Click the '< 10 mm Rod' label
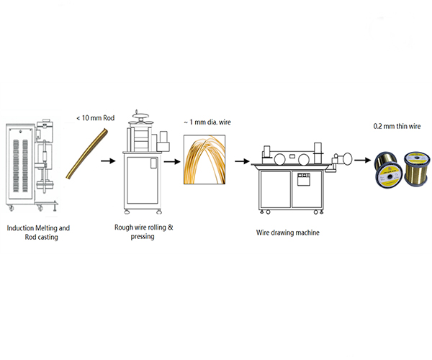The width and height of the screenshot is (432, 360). [95, 118]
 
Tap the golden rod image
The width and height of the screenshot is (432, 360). [87, 154]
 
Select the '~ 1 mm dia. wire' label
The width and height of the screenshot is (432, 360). [207, 122]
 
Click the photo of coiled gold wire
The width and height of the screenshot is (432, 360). [204, 159]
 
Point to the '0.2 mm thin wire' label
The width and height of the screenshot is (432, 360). [397, 126]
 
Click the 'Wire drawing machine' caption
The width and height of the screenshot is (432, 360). [287, 233]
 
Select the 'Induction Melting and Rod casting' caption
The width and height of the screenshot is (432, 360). [38, 233]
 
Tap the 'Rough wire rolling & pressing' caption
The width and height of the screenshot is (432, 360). [143, 232]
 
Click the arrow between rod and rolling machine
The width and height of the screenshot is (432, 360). [108, 161]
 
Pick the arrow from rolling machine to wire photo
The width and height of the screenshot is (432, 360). [172, 161]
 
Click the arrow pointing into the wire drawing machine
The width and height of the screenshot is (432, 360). [242, 161]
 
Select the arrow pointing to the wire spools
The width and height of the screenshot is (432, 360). [363, 160]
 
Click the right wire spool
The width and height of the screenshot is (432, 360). [417, 168]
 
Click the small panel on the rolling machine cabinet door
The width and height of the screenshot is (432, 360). [153, 163]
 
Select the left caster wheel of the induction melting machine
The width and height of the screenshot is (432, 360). [12, 209]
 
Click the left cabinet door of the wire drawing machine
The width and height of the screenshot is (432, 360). [276, 189]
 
